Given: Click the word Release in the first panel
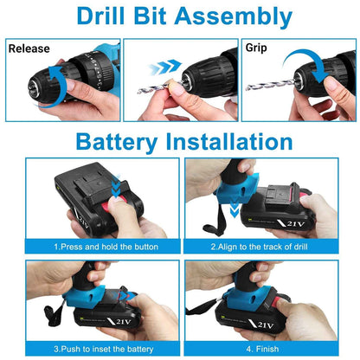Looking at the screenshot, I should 29,48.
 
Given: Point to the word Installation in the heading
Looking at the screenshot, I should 232,141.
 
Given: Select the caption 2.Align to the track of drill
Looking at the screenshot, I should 269,247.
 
